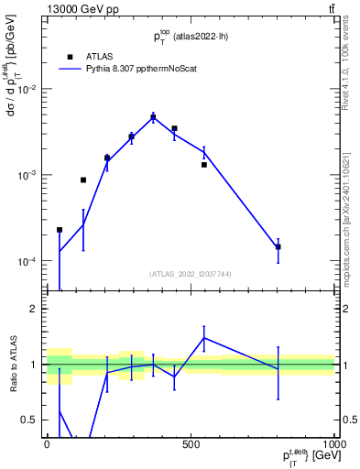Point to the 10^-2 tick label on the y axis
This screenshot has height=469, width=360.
tap(28, 89)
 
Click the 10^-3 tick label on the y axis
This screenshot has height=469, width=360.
tap(28, 175)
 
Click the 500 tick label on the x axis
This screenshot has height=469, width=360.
tap(191, 442)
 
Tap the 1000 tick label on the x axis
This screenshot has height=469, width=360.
tap(333, 442)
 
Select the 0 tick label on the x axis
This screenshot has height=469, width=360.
tap(47, 442)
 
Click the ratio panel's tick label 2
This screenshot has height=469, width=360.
tap(33, 310)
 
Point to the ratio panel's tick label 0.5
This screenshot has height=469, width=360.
tap(29, 420)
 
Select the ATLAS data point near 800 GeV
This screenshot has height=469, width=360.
tap(277, 246)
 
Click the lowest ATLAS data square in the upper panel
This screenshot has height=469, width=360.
tap(60, 230)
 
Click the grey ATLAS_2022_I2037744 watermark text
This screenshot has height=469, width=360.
tap(191, 274)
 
